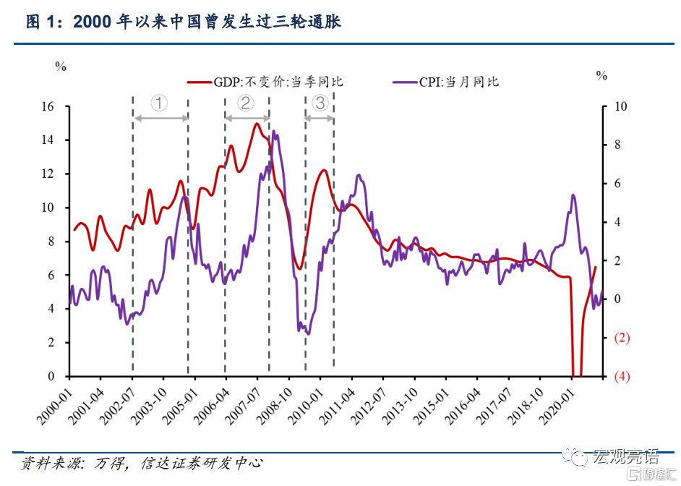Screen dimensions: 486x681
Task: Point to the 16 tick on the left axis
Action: (48, 106)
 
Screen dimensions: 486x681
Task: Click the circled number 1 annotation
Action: (160, 103)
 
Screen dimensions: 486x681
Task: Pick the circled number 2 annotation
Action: (246, 103)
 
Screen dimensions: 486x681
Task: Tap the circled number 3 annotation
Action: (320, 103)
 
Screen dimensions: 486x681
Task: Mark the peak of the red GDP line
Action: (257, 124)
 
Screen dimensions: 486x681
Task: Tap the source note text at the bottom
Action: (141, 463)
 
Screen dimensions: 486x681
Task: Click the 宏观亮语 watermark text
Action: (625, 456)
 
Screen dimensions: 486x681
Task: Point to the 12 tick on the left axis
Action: (48, 174)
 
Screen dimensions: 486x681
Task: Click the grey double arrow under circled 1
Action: (160, 119)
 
